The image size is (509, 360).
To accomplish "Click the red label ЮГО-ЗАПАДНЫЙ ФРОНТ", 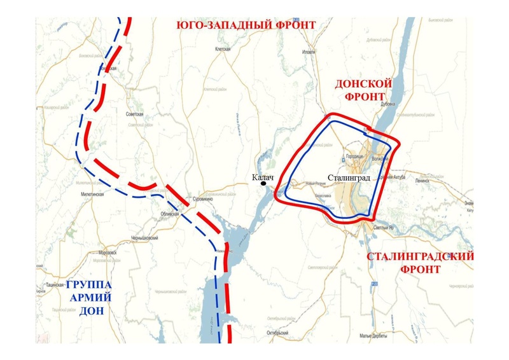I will click(x=246, y=25).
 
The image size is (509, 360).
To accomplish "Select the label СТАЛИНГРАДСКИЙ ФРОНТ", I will click(x=420, y=263).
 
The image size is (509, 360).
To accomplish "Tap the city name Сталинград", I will click(x=349, y=179).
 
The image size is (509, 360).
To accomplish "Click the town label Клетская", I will click(x=222, y=48).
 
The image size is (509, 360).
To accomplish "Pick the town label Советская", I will click(x=134, y=114).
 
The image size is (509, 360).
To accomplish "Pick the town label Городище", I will click(x=354, y=156).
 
